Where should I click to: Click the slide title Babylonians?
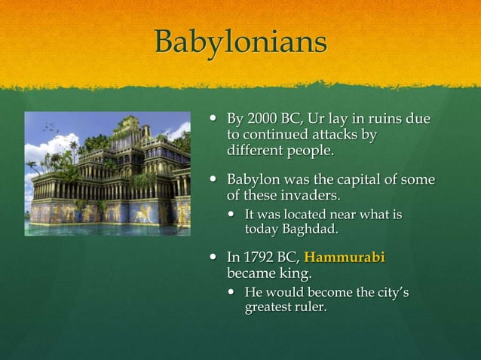(x=240, y=42)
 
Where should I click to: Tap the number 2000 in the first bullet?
(x=261, y=119)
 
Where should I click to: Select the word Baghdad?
(x=305, y=230)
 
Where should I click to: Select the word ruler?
(x=313, y=307)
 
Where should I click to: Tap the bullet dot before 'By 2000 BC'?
(x=213, y=119)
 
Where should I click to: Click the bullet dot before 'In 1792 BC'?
(x=213, y=258)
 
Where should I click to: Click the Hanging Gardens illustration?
(x=108, y=173)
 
